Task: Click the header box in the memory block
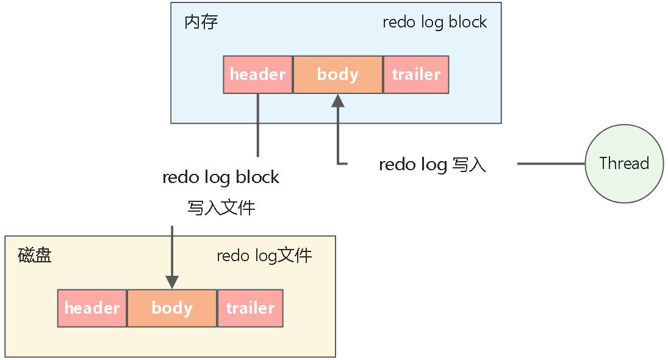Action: (257, 74)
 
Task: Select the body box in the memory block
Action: (337, 74)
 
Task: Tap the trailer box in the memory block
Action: (416, 74)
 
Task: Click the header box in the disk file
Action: (92, 308)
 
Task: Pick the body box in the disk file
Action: (172, 308)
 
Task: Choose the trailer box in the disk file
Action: (250, 308)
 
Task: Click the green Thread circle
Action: (624, 164)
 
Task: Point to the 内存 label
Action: (201, 23)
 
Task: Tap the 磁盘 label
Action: (35, 255)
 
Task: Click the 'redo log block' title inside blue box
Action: (434, 23)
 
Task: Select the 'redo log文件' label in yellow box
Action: (264, 255)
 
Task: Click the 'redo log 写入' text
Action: (432, 165)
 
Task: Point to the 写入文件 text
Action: (221, 208)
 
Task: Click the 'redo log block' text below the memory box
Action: (221, 178)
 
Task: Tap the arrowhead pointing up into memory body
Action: (337, 101)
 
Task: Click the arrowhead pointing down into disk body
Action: (172, 282)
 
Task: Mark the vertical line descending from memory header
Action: (257, 125)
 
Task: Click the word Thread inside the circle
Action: (624, 164)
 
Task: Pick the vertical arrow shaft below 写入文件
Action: (172, 250)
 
